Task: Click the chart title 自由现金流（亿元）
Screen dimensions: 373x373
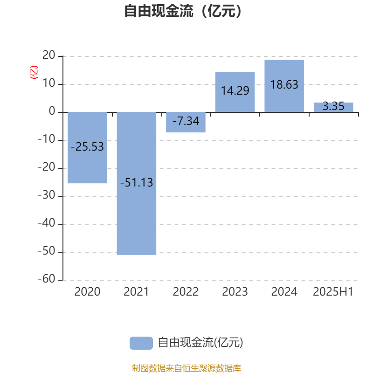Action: (183, 11)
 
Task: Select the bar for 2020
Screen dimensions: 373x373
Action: (87, 147)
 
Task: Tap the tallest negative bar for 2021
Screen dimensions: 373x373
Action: (137, 183)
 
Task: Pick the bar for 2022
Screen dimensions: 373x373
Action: (186, 122)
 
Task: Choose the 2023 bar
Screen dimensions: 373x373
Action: (235, 92)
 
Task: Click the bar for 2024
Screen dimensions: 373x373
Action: (284, 86)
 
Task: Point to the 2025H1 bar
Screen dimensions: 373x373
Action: (333, 107)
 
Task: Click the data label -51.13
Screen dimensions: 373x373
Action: (137, 183)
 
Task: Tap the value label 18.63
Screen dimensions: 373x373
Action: (284, 85)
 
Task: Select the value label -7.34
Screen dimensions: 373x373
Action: (186, 121)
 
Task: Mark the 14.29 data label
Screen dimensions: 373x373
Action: (235, 90)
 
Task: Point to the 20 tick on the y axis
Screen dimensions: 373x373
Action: (49, 55)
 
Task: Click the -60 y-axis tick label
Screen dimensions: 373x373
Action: (47, 279)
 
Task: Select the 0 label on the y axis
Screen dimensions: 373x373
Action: (52, 111)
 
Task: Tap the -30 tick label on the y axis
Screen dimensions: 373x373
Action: (47, 195)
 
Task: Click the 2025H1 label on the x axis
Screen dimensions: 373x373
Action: (333, 292)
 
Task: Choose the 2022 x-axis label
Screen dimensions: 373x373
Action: (186, 292)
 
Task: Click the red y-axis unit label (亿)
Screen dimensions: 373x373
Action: (34, 72)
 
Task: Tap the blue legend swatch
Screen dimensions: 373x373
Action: (141, 343)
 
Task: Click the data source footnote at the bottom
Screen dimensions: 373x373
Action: (186, 368)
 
